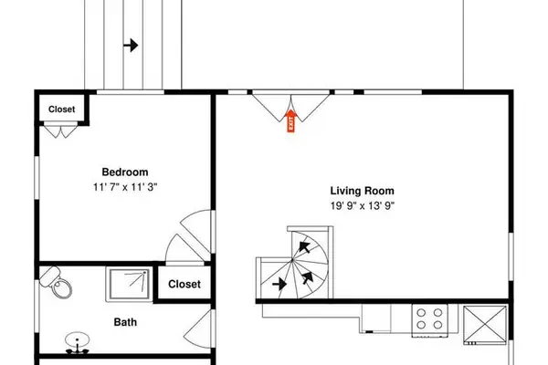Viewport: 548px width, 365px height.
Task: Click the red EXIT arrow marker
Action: tap(290, 120)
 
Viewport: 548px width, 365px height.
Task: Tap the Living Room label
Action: tap(362, 191)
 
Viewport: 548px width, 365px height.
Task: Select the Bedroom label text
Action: tap(125, 172)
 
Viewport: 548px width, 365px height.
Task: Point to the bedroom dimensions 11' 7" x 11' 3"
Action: tap(125, 187)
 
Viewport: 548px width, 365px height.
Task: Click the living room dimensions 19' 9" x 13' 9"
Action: tap(363, 205)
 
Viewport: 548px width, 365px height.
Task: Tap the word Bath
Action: tap(125, 322)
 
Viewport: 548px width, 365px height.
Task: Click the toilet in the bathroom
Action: tap(56, 282)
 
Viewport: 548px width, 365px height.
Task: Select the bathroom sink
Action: tap(78, 342)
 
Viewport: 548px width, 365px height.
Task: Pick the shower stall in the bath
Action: tap(130, 284)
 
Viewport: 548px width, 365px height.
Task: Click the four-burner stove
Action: tap(429, 320)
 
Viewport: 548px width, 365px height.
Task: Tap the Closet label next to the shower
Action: tap(184, 284)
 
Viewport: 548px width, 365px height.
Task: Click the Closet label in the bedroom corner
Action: tap(61, 109)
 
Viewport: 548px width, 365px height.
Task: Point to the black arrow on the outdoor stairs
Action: tap(131, 45)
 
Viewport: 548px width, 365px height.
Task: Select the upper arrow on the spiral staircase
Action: tap(304, 246)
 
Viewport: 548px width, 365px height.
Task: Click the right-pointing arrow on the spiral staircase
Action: tap(279, 284)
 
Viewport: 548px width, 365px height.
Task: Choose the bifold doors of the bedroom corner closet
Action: tap(61, 130)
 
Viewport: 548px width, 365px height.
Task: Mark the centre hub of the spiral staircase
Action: tap(292, 260)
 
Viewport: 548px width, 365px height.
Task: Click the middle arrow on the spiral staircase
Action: tap(308, 277)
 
